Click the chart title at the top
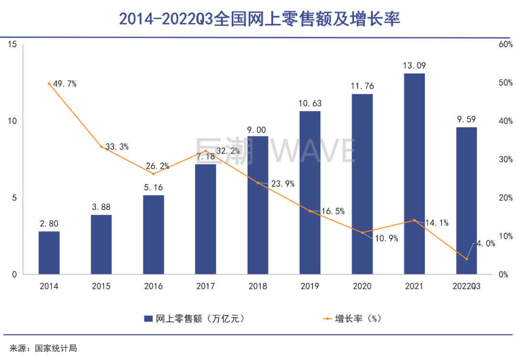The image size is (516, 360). coord(258,19)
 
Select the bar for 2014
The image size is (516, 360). coord(49,253)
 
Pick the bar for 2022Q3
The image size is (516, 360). coord(467,201)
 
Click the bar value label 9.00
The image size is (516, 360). coord(258,130)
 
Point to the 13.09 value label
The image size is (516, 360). coord(414,66)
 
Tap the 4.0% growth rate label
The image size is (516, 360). coord(484,243)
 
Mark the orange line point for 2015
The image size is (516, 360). coord(101,147)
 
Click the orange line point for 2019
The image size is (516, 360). coord(310,211)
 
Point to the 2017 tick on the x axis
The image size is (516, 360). coord(205,286)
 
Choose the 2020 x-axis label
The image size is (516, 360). coord(362,286)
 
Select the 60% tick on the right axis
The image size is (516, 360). coord(505,44)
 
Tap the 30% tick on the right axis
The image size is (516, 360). coord(505,159)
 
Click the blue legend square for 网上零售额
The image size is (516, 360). coord(148,318)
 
